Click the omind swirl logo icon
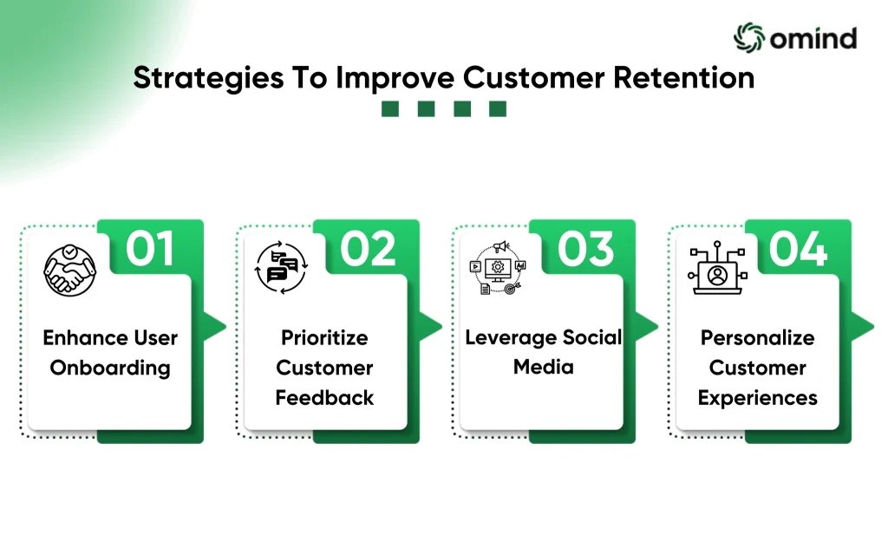click(x=749, y=38)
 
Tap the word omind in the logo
click(x=813, y=38)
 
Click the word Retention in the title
click(x=684, y=77)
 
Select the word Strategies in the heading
click(x=208, y=79)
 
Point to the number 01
click(x=149, y=249)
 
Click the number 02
click(x=368, y=249)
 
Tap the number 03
click(x=585, y=249)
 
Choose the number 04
click(x=799, y=249)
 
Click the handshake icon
click(x=69, y=271)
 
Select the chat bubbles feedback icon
click(x=281, y=268)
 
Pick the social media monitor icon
click(x=498, y=268)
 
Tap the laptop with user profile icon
click(x=717, y=268)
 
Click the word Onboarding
click(x=110, y=368)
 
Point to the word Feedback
click(x=324, y=398)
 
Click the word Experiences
click(x=758, y=398)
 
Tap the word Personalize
click(x=758, y=338)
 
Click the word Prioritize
click(x=324, y=338)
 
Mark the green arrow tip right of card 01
click(x=226, y=327)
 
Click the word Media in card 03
click(x=544, y=367)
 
